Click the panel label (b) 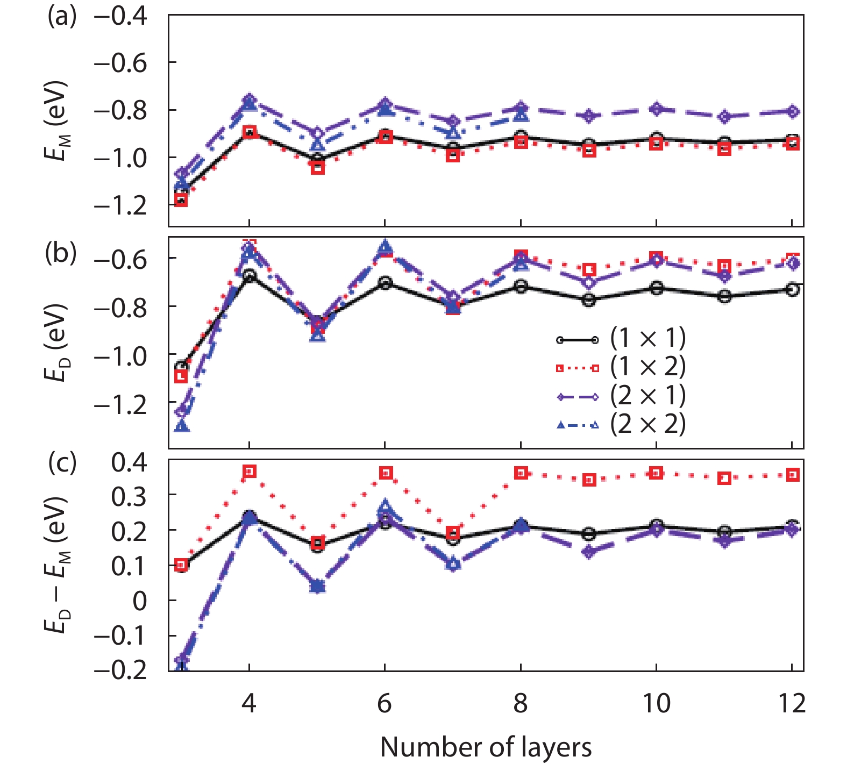(x=61, y=253)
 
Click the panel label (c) (x=62, y=462)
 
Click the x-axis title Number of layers (x=486, y=747)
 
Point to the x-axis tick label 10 (x=656, y=703)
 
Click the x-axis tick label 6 (x=384, y=703)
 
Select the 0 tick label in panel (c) (x=139, y=601)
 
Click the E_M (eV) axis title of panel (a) (x=55, y=121)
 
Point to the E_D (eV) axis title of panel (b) (x=55, y=343)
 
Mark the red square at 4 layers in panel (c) (x=249, y=472)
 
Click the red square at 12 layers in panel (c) (x=792, y=475)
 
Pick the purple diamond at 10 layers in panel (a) (x=656, y=109)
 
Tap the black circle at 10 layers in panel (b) (x=656, y=288)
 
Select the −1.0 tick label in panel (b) (x=120, y=355)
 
